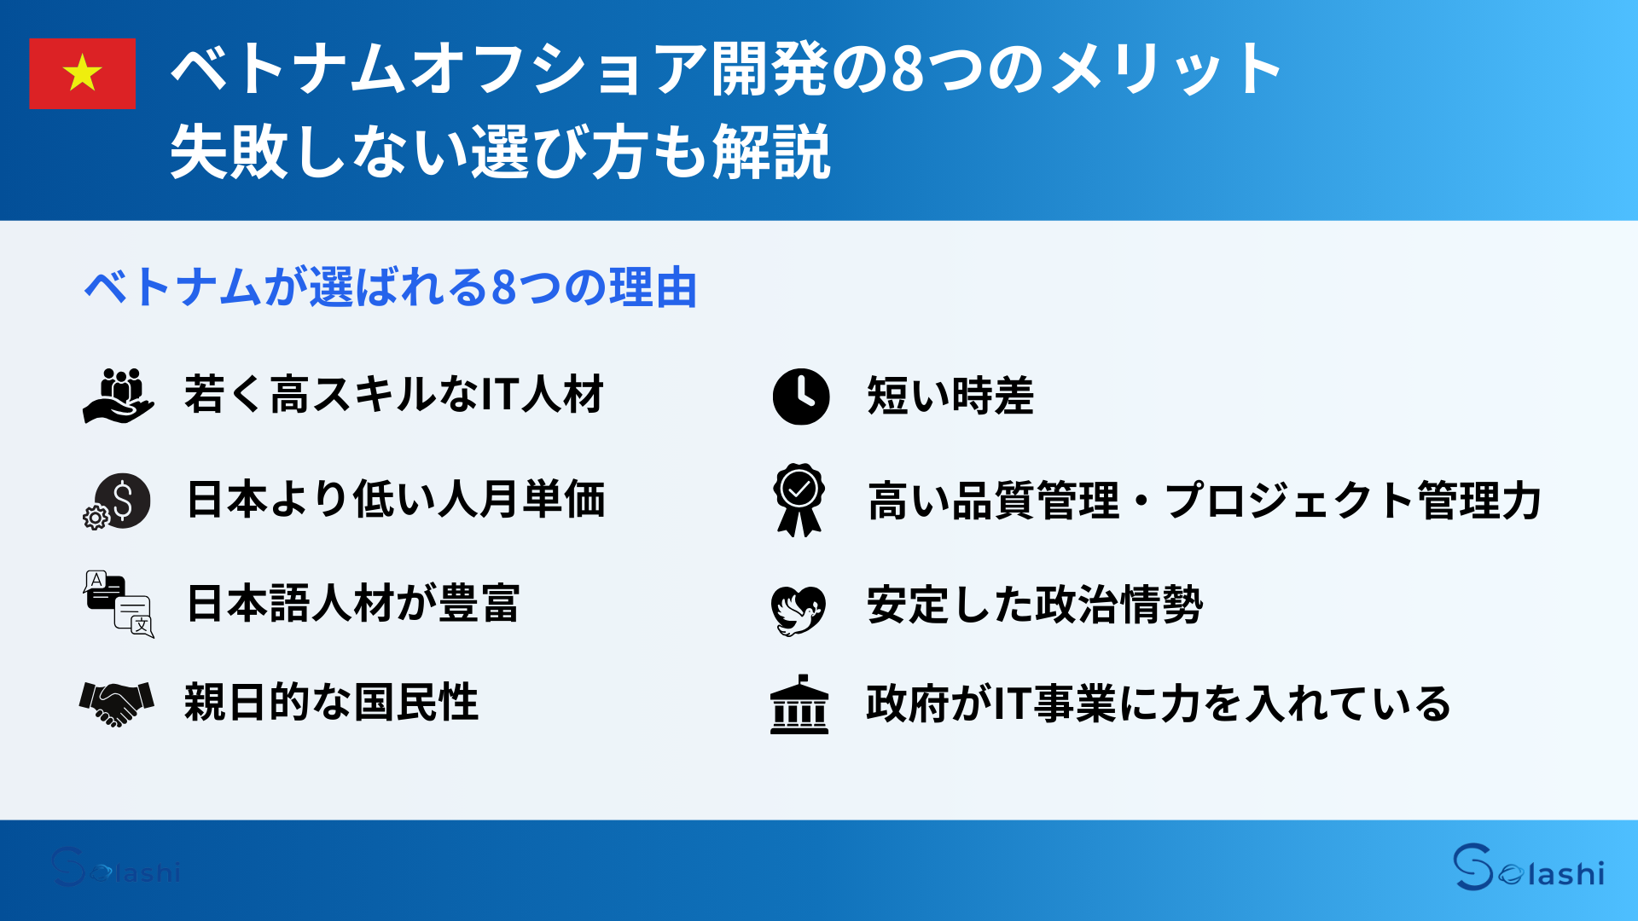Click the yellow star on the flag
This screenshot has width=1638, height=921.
coord(83,72)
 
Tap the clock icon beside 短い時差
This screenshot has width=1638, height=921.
coord(800,397)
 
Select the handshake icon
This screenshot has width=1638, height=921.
coord(117,703)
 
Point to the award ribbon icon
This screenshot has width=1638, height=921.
coord(799,500)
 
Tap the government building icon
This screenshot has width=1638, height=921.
coord(799,705)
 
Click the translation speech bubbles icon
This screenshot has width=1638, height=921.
coord(119,604)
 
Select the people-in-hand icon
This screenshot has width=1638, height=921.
coord(119,396)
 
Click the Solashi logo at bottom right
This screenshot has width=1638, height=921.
coord(1528,868)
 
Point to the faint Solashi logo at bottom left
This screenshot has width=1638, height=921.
coord(115,868)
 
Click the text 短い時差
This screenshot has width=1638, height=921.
coord(950,397)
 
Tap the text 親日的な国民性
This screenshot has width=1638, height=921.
coord(331,703)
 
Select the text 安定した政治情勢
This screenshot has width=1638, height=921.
coord(1034,605)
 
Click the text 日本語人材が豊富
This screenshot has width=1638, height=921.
coord(352,603)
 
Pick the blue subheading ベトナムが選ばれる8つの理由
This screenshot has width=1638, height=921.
coord(391,287)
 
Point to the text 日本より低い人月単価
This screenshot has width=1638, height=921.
coord(395,500)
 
